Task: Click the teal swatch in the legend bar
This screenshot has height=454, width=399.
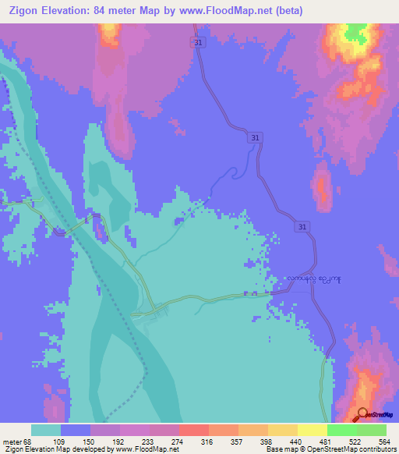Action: tap(46, 430)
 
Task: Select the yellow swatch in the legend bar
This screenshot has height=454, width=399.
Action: tap(312, 430)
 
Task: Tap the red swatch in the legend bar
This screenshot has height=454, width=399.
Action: tap(193, 430)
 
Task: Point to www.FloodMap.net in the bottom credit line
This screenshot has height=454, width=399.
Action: tap(146, 449)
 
